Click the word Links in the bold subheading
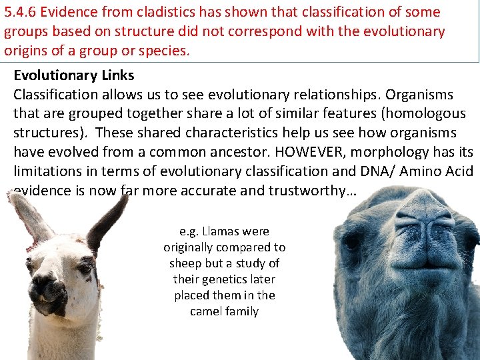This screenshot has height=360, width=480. (117, 75)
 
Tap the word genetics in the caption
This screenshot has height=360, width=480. (225, 279)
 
